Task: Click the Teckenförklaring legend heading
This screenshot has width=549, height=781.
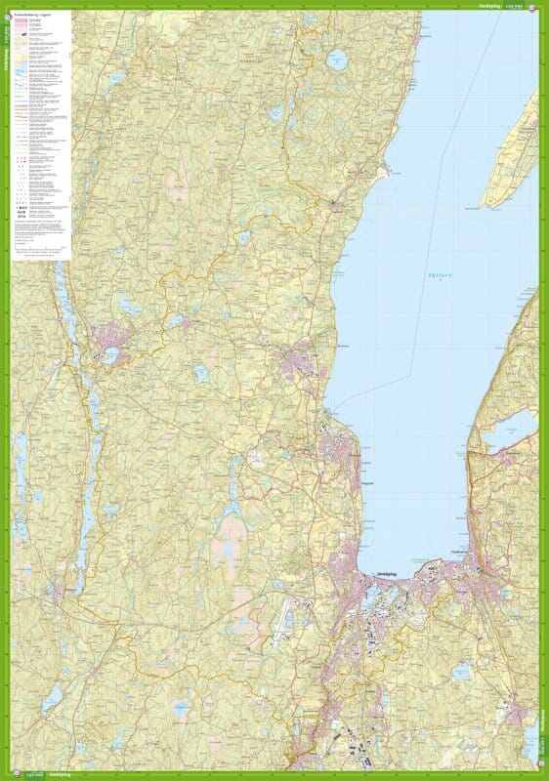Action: pyautogui.click(x=35, y=17)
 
